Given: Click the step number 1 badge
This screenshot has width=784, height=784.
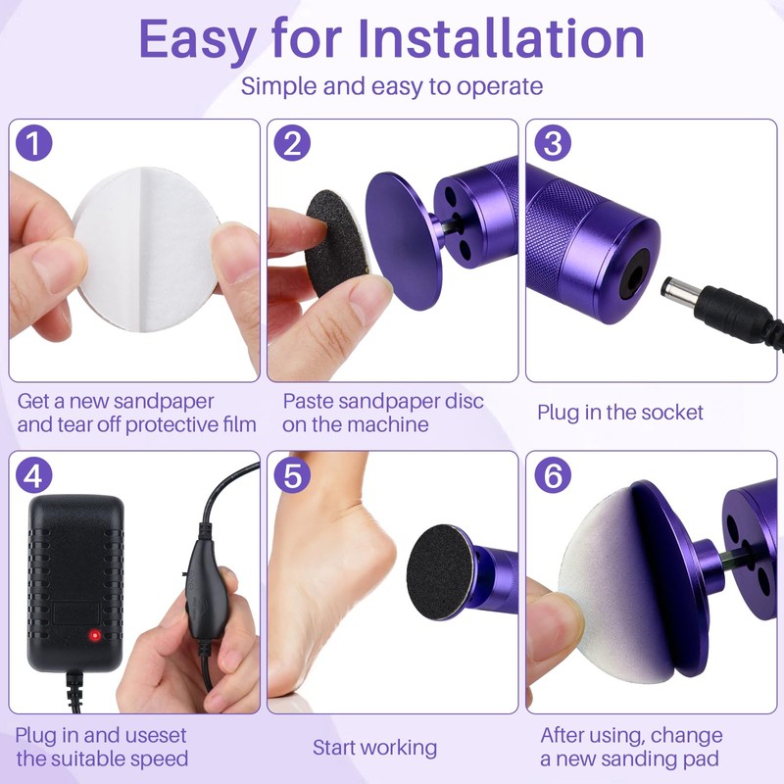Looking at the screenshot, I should click(34, 144).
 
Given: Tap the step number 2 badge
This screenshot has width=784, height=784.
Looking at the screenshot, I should click(292, 144).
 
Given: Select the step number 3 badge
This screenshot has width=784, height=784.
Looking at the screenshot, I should click(552, 144).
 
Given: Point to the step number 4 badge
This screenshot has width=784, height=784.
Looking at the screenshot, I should click(34, 475).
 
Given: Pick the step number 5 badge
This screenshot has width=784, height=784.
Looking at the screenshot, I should click(292, 475).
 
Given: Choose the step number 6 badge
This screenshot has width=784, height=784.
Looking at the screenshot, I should click(552, 475).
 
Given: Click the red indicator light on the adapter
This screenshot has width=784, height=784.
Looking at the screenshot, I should click(95, 635).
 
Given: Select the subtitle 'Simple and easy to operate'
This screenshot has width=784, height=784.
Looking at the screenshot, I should click(392, 86).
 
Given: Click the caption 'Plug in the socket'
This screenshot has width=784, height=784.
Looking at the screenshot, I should click(619, 413).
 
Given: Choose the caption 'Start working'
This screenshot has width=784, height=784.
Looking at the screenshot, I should click(374, 748).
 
